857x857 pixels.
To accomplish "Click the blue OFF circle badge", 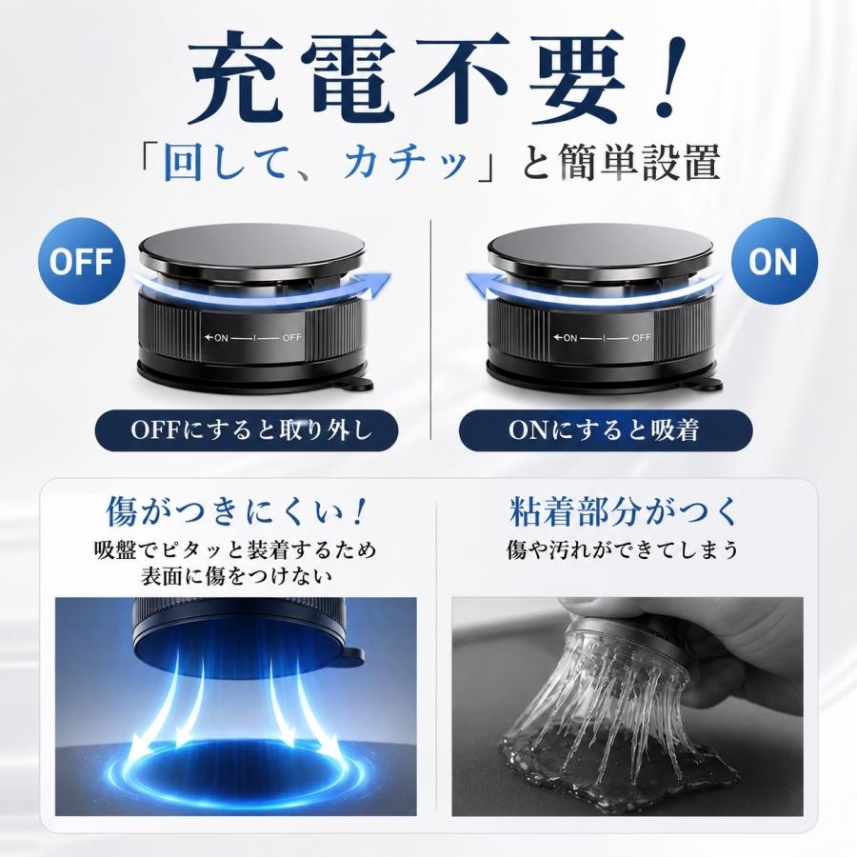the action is [x=81, y=261].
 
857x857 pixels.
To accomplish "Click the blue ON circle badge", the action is [x=774, y=261].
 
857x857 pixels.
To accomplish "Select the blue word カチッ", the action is [x=406, y=162].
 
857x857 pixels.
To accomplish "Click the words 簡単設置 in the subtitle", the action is [x=638, y=162].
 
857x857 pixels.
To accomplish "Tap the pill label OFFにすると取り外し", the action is [x=247, y=430].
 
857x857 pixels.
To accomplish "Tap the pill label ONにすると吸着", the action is [x=605, y=430].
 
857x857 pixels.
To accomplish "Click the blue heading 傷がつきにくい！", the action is [x=236, y=511].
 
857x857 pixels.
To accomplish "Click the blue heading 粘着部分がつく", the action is [x=623, y=511].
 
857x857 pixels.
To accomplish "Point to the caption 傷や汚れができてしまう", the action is [x=623, y=550].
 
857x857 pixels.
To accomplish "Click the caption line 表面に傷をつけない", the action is [x=236, y=577].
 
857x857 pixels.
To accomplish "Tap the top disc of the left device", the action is [x=251, y=246].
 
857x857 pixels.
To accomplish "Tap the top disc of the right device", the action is [x=600, y=246].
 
